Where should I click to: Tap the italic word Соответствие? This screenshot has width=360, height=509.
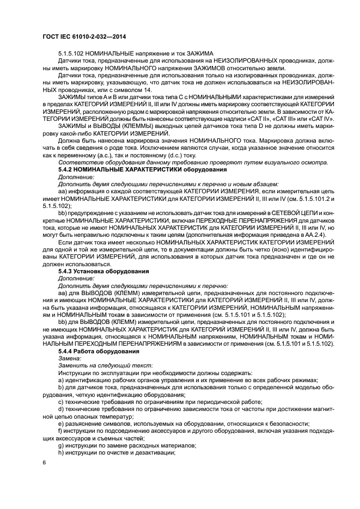pos(77,162)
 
